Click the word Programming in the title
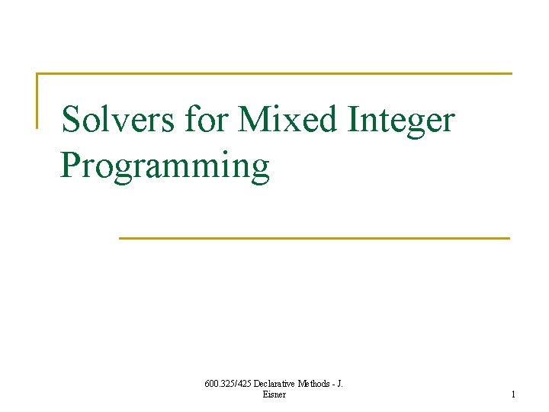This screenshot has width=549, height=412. (165, 167)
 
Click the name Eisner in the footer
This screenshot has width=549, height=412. (274, 394)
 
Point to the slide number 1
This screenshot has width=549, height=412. (513, 394)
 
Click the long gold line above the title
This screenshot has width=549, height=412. (274, 74)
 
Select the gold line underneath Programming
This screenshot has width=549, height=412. (314, 238)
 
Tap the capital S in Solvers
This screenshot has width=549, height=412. (71, 120)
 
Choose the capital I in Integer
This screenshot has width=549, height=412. (350, 120)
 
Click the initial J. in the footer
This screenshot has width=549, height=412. (339, 384)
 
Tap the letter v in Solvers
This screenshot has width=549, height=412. (117, 123)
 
